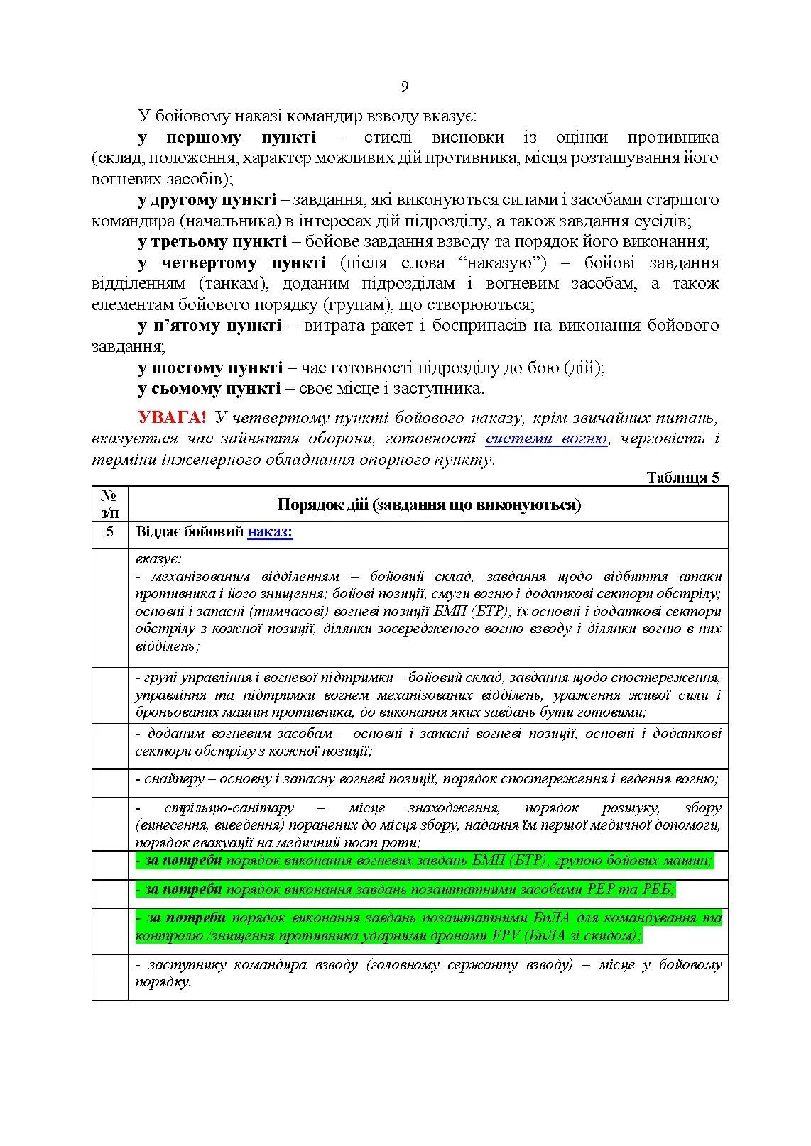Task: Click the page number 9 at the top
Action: [405, 87]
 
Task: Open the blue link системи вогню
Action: [546, 439]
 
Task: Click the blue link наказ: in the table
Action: [270, 531]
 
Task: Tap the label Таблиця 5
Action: [682, 478]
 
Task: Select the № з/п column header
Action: [109, 504]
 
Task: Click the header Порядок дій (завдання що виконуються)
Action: [428, 505]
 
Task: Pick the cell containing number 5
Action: [109, 531]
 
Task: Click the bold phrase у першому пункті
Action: [227, 138]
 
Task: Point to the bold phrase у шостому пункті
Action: [210, 368]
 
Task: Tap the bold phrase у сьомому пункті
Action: [209, 389]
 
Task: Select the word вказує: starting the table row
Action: [158, 558]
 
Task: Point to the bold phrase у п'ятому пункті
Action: [209, 326]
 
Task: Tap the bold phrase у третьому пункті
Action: [212, 242]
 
